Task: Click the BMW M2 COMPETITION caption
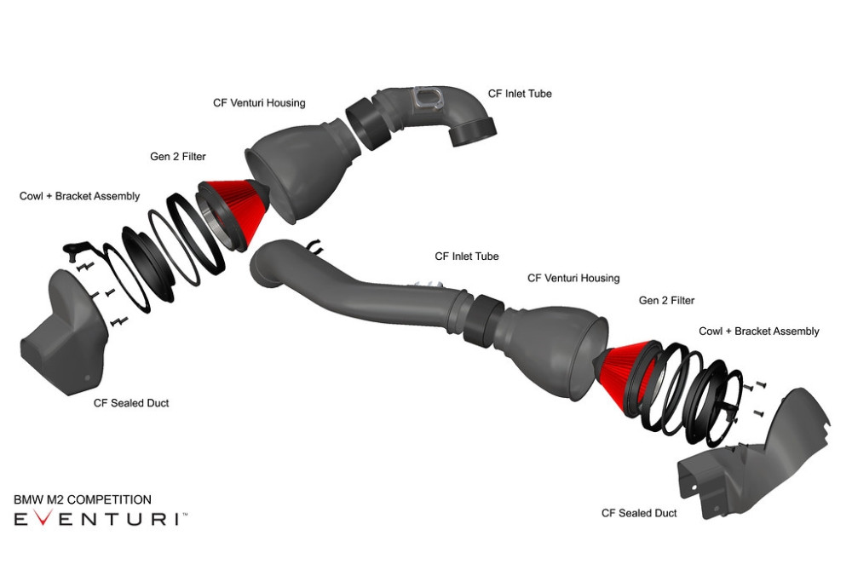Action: coord(83,500)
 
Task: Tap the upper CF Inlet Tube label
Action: coord(519,94)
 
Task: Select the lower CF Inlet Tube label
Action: coord(467,257)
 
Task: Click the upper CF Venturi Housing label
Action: coord(259,103)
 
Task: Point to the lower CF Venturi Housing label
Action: coord(573,279)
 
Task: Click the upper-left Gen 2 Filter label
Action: coord(178,157)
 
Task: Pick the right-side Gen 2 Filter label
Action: coord(666,301)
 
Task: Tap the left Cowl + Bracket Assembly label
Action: coord(79,197)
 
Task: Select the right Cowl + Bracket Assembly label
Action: coord(758,331)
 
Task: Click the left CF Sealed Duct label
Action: coord(131,403)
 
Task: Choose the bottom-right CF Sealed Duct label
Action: coord(639,513)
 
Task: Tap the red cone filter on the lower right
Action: coord(626,371)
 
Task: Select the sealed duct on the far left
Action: coord(60,332)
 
